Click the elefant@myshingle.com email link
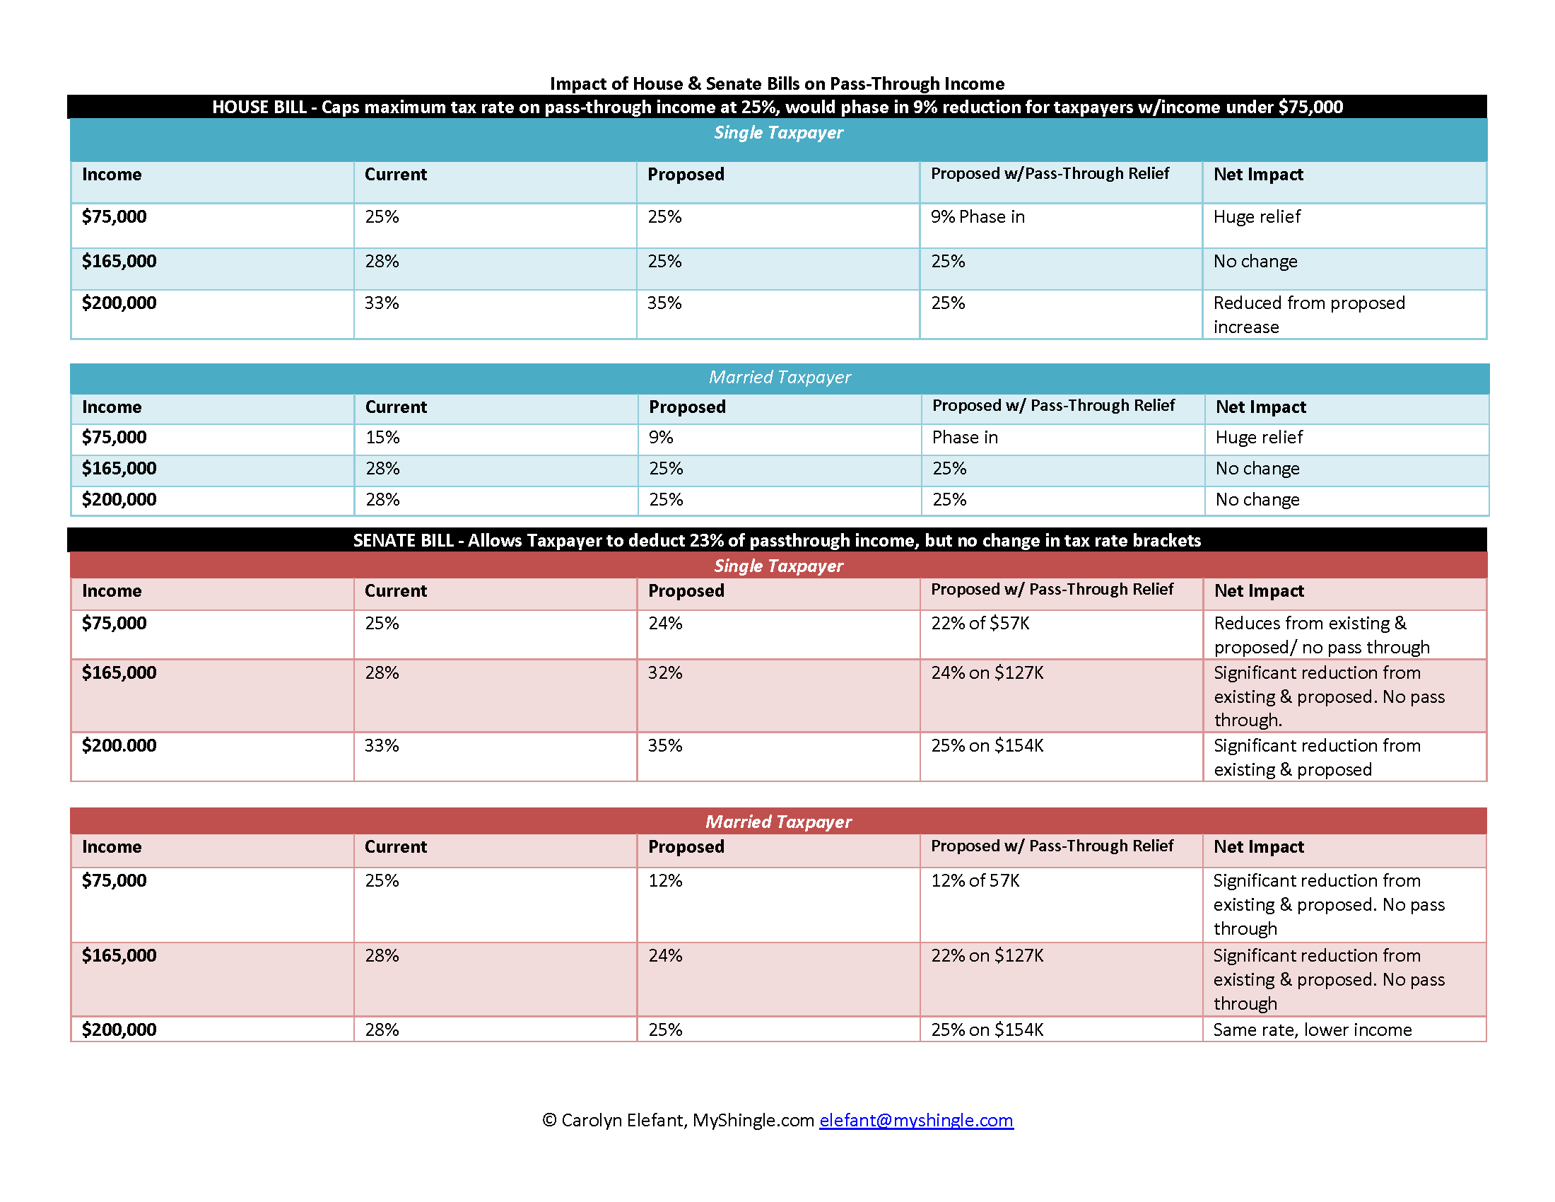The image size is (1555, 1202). (x=915, y=1120)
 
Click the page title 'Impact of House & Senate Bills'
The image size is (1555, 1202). (x=777, y=84)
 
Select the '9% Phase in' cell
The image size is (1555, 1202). (x=978, y=217)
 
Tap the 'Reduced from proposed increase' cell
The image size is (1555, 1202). (x=1308, y=314)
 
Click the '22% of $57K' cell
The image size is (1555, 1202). (x=980, y=624)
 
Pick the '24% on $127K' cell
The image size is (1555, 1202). (x=987, y=673)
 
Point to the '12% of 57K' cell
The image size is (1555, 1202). (x=975, y=881)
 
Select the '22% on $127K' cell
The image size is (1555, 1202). (x=987, y=956)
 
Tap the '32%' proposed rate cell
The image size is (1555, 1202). (x=665, y=673)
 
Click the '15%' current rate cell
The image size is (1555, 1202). (x=382, y=438)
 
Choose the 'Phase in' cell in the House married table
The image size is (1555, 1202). (x=965, y=438)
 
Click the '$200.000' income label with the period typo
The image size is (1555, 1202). (x=119, y=745)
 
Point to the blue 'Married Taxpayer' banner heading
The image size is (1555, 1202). (x=780, y=378)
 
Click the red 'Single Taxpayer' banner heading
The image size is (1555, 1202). (x=778, y=566)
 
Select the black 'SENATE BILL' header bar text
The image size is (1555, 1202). (x=777, y=540)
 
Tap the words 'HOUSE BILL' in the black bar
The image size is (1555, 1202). (x=259, y=107)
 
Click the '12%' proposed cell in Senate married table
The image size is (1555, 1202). (x=665, y=881)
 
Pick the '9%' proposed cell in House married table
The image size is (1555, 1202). (x=661, y=438)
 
